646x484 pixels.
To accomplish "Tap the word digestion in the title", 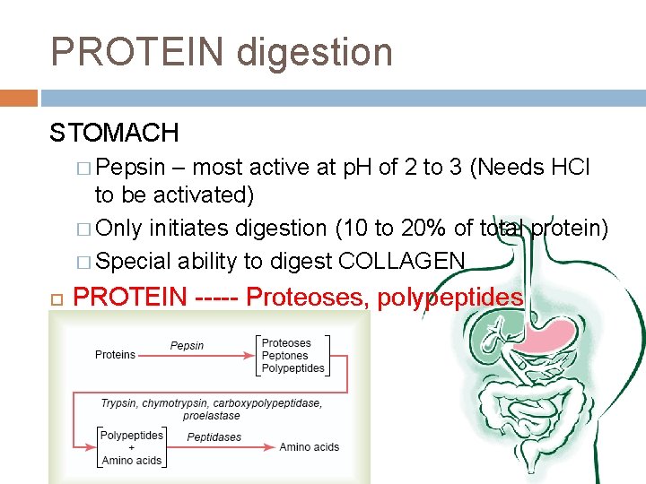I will pyautogui.click(x=314, y=52).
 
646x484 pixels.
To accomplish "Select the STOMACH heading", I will pyautogui.click(x=114, y=134).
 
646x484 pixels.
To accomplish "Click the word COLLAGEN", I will pyautogui.click(x=402, y=261).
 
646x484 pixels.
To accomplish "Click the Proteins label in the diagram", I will pyautogui.click(x=115, y=355).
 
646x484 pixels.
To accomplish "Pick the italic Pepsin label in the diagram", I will pyautogui.click(x=187, y=345).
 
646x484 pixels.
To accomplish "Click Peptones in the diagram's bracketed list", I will pyautogui.click(x=285, y=356).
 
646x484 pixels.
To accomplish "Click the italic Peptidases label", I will pyautogui.click(x=214, y=437).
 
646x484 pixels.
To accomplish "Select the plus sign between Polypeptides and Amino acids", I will pyautogui.click(x=131, y=447).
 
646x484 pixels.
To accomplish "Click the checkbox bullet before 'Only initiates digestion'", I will pyautogui.click(x=84, y=229).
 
